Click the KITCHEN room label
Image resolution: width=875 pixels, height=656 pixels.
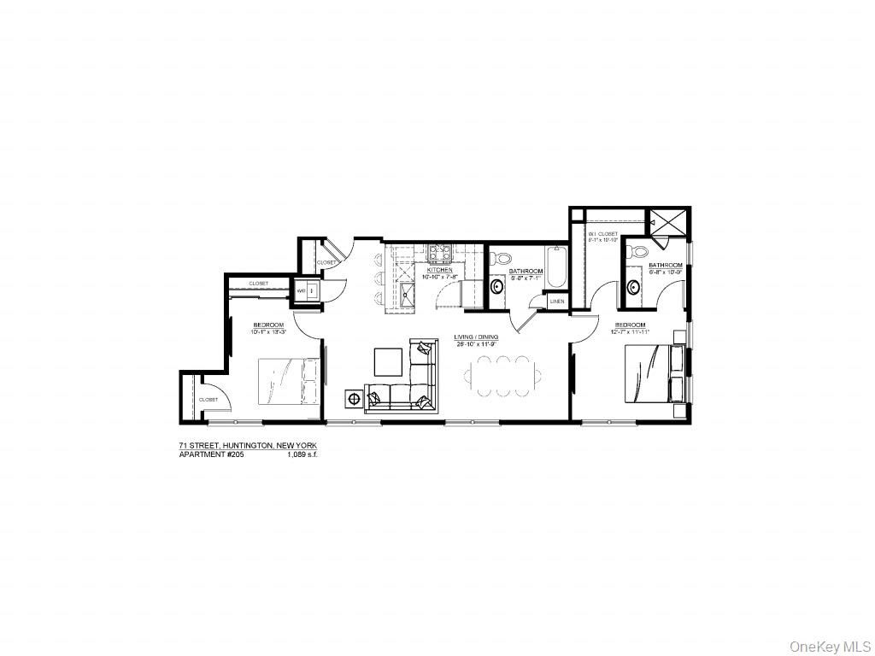439,269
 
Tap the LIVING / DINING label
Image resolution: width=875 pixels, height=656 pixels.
476,337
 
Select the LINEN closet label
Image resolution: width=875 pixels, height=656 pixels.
556,302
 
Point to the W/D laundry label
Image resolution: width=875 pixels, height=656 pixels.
301,291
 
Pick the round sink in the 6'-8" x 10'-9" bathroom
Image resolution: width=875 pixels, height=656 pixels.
633,286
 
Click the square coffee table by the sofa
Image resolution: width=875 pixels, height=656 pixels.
388,361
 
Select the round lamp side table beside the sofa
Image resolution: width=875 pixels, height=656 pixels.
353,398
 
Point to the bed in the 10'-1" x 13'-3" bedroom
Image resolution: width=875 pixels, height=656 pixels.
288,382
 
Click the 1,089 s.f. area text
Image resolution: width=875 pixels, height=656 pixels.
302,454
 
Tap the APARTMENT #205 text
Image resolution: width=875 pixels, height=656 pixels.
205,454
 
